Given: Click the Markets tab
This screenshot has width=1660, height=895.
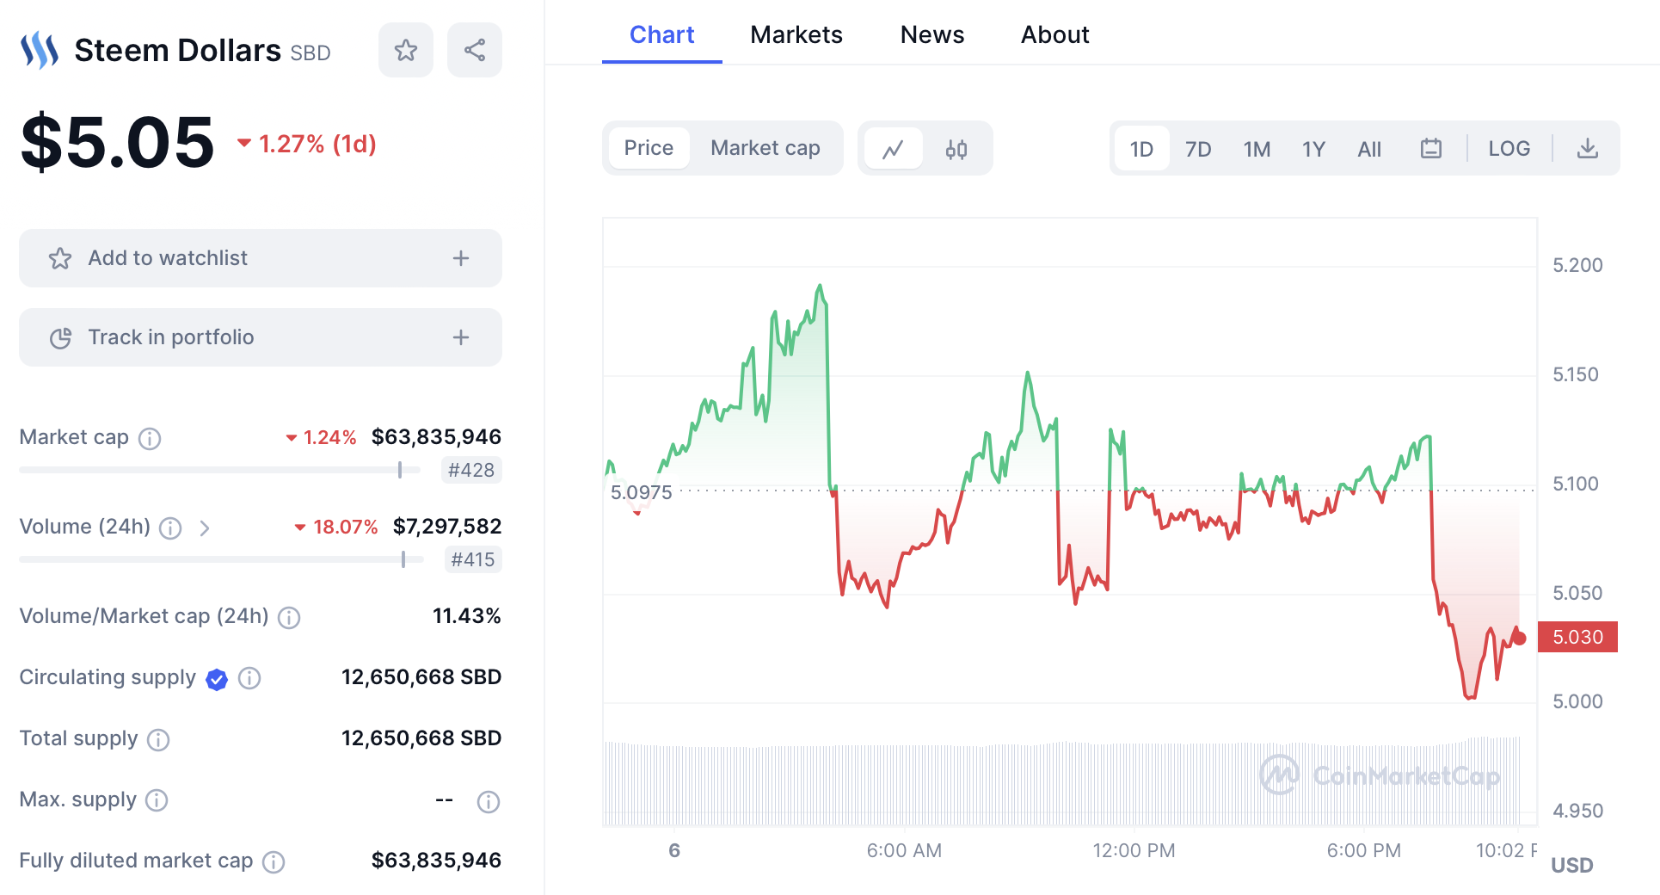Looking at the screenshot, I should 796,35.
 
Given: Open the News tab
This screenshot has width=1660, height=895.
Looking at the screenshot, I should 931,35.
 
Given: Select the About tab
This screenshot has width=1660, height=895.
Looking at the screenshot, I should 1054,35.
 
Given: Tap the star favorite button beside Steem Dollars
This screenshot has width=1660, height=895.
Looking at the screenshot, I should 406,50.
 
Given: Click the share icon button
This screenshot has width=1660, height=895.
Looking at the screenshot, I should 475,50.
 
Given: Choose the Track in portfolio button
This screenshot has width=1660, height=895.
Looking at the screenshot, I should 260,337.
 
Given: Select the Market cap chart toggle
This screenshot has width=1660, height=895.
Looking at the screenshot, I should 765,148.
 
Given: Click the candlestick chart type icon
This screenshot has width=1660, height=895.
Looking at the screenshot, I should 956,150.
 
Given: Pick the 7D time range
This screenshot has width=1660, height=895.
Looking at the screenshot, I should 1197,150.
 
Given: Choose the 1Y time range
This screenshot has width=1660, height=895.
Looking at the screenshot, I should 1313,150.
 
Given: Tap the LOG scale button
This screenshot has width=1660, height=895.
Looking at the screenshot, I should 1509,149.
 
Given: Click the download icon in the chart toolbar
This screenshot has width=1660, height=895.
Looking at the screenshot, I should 1587,149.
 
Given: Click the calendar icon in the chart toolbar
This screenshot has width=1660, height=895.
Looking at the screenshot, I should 1430,149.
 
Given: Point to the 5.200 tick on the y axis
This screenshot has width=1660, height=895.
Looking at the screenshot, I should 1577,265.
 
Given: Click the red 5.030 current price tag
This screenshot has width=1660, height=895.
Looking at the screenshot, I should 1577,637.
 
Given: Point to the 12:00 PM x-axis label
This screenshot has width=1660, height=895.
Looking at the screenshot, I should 1134,850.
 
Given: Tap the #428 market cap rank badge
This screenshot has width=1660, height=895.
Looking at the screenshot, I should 471,470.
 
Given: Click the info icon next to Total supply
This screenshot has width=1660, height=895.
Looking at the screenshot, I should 158,739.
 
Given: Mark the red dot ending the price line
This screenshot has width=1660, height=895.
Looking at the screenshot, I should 1519,638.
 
